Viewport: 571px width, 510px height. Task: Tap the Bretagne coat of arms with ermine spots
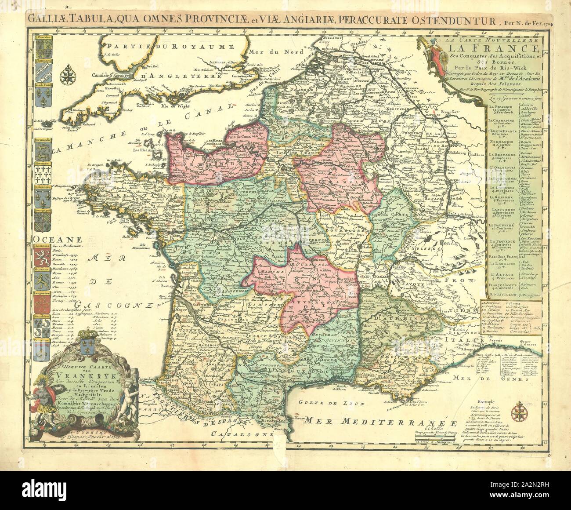(43, 174)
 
